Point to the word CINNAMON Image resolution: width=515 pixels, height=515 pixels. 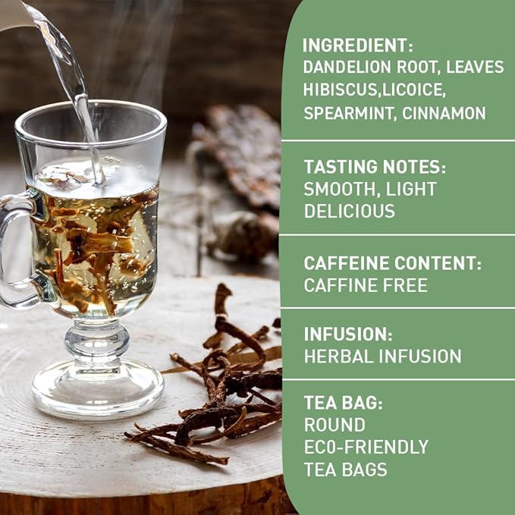pos(444,114)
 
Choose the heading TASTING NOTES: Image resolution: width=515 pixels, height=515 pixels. pos(375,167)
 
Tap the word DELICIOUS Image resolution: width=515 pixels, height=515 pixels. pos(350,211)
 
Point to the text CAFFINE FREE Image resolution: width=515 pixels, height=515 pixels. pos(366,285)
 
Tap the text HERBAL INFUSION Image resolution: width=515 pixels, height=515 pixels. pos(382,356)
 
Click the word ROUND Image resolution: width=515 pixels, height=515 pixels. pos(334,425)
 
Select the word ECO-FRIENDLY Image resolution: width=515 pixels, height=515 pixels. pos(366,447)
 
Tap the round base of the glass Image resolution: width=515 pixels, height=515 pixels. pos(98,391)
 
